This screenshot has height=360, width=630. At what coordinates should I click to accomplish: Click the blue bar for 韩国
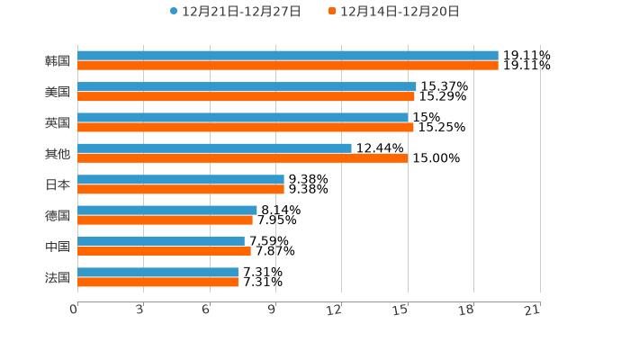click(x=288, y=56)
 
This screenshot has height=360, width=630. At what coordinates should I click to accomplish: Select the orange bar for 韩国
click(x=288, y=66)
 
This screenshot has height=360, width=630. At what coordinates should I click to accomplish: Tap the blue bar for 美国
click(x=247, y=86)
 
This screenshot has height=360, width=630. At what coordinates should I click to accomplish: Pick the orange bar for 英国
click(x=246, y=127)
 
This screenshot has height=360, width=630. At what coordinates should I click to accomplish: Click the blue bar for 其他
click(x=214, y=148)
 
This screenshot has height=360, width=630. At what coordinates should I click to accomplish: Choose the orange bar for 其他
click(x=243, y=158)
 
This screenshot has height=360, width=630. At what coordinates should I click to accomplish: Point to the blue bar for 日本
click(x=181, y=180)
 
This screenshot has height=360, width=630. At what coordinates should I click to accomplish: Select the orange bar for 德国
click(x=165, y=220)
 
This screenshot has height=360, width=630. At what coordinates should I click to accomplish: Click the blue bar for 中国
click(x=161, y=241)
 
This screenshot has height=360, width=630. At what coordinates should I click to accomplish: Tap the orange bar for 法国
click(x=157, y=282)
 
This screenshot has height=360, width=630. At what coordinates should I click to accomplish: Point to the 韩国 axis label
click(x=58, y=61)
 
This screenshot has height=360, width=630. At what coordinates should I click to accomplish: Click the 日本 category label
click(x=58, y=184)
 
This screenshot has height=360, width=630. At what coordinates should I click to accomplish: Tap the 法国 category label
click(x=58, y=277)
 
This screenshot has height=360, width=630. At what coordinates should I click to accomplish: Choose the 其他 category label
click(x=58, y=154)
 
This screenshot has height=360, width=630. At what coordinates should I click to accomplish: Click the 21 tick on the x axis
click(x=532, y=310)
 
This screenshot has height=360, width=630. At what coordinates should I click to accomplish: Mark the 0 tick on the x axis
click(x=75, y=310)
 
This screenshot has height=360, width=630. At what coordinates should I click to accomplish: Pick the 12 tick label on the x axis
click(x=335, y=310)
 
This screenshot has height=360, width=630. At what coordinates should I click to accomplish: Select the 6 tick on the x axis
click(x=206, y=310)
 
